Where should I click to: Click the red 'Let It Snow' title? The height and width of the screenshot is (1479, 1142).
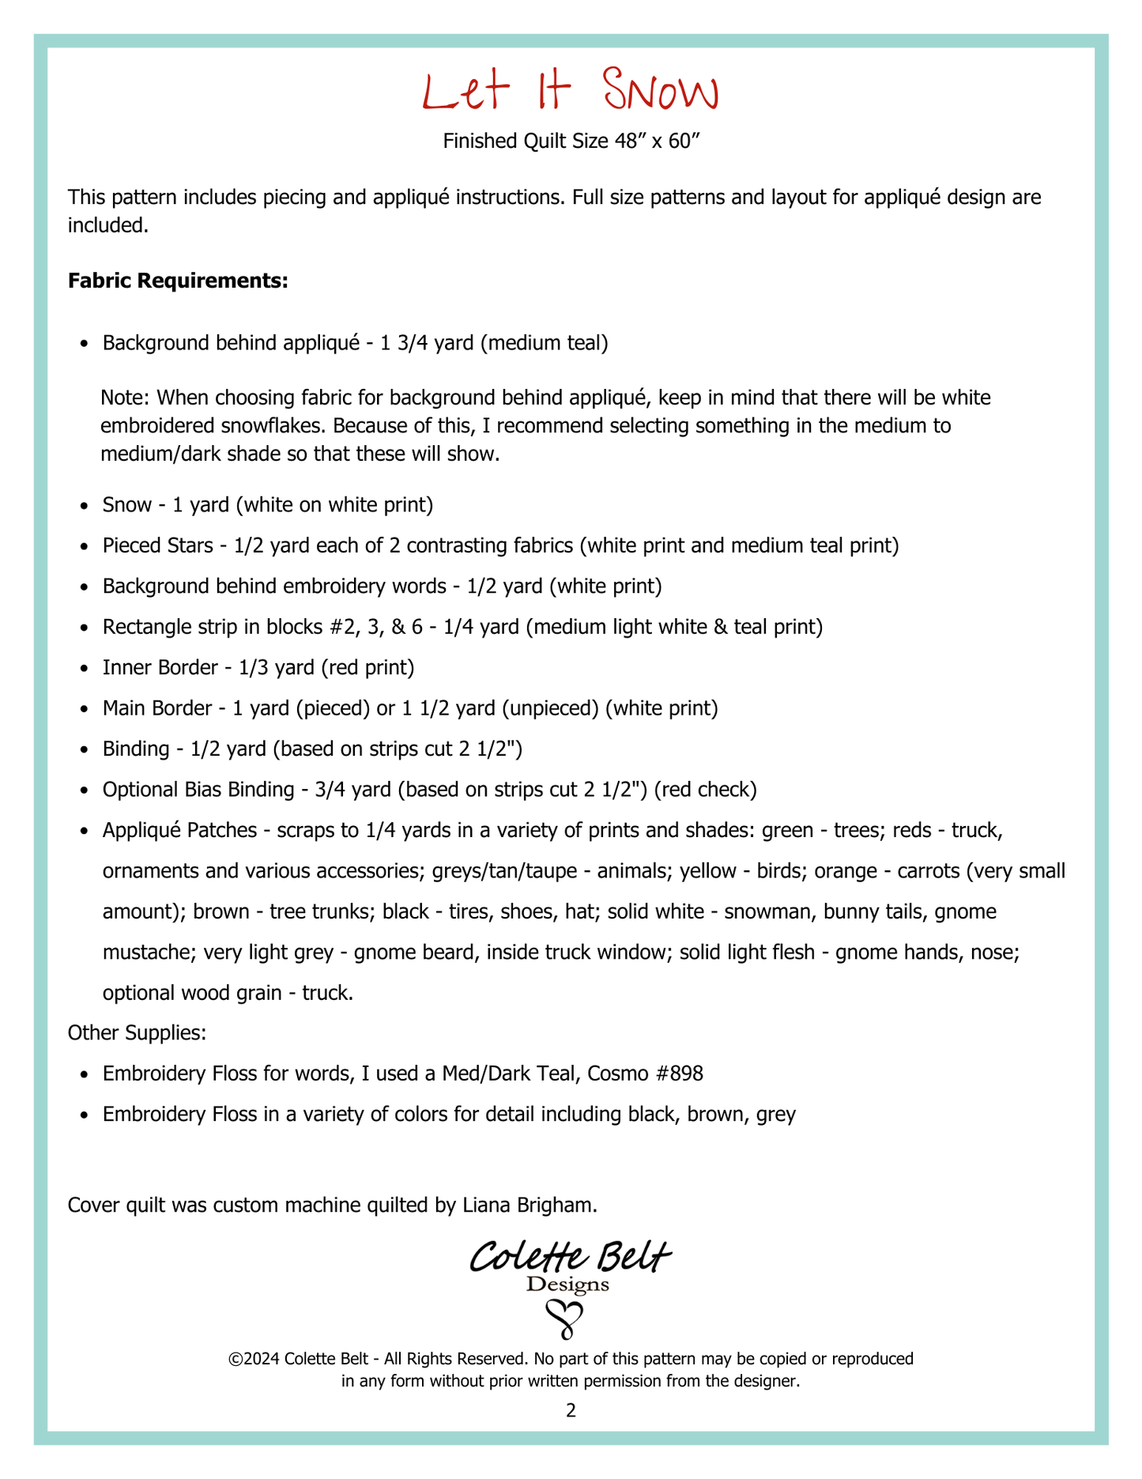pyautogui.click(x=571, y=92)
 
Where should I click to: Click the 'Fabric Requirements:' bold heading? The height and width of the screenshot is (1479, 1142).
pyautogui.click(x=178, y=281)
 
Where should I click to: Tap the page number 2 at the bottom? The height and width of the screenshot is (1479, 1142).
pyautogui.click(x=571, y=1410)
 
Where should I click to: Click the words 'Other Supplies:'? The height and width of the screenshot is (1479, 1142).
pyautogui.click(x=138, y=1032)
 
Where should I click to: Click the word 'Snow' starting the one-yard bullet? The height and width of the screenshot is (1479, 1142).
pyautogui.click(x=126, y=504)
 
